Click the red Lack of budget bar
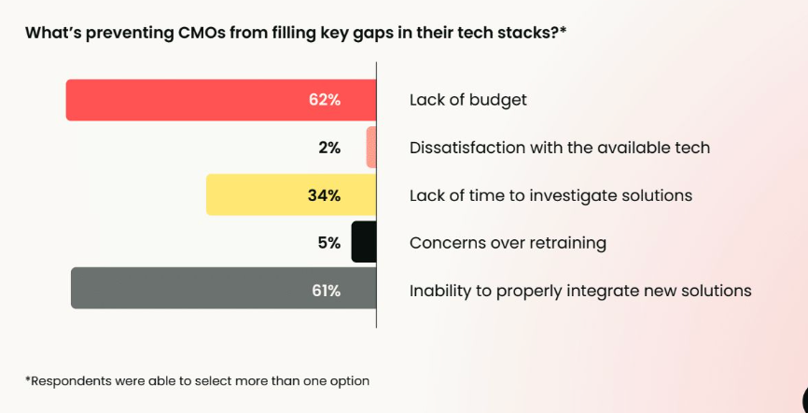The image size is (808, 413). tap(187, 100)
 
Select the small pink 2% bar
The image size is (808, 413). tap(371, 148)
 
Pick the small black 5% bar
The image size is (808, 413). tap(364, 243)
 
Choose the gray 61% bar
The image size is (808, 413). tap(187, 289)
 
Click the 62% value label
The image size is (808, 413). tap(325, 100)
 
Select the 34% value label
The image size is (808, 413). tap(325, 195)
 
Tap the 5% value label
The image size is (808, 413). tap(328, 243)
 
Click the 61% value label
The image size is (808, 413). tap(326, 291)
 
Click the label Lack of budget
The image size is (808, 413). tap(467, 100)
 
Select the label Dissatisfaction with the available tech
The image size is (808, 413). tap(559, 148)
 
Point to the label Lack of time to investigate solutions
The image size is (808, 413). tap(550, 195)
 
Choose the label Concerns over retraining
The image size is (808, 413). tap(508, 243)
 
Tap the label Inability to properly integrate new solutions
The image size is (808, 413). tap(579, 291)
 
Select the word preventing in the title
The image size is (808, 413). tap(125, 33)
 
